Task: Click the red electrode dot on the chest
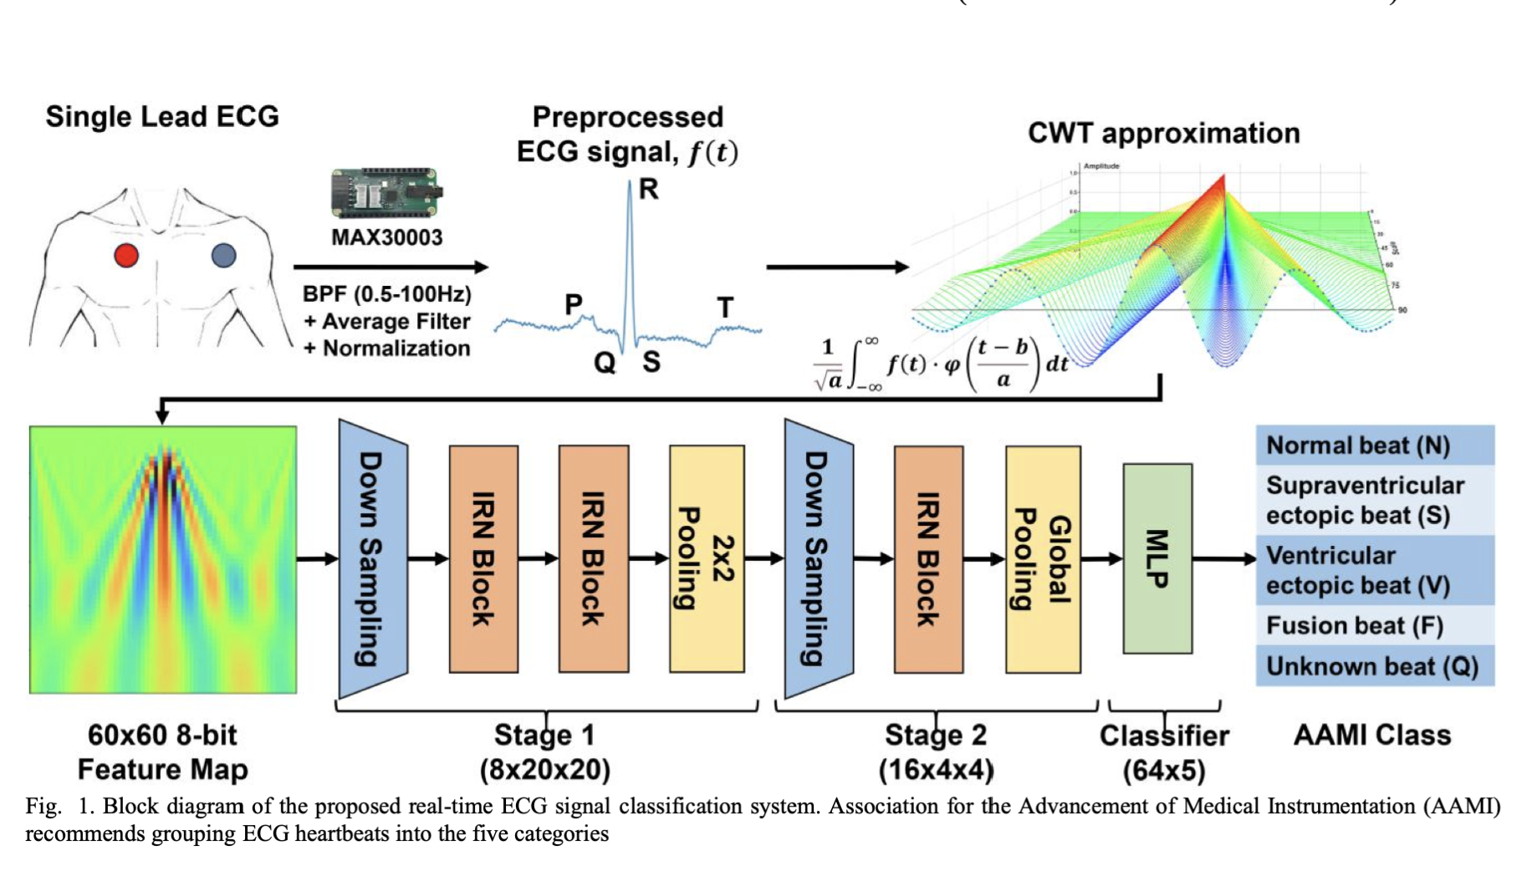tap(126, 255)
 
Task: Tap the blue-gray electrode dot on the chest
tap(223, 255)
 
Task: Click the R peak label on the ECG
tap(649, 190)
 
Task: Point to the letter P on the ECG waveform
tap(574, 304)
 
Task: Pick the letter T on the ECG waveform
tap(725, 308)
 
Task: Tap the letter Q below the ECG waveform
tap(605, 363)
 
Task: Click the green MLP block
tap(1157, 558)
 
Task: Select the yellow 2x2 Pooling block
tap(707, 558)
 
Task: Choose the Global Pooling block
tap(1043, 558)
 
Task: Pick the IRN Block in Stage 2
tap(928, 558)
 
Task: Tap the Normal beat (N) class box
tap(1374, 445)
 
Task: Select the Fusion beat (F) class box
tap(1374, 625)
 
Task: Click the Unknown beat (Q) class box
tap(1374, 666)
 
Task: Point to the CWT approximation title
tap(1163, 133)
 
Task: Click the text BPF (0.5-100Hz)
tap(387, 294)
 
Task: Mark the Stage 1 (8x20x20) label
tap(544, 752)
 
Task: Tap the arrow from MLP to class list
tap(1223, 558)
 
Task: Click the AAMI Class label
tap(1371, 735)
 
